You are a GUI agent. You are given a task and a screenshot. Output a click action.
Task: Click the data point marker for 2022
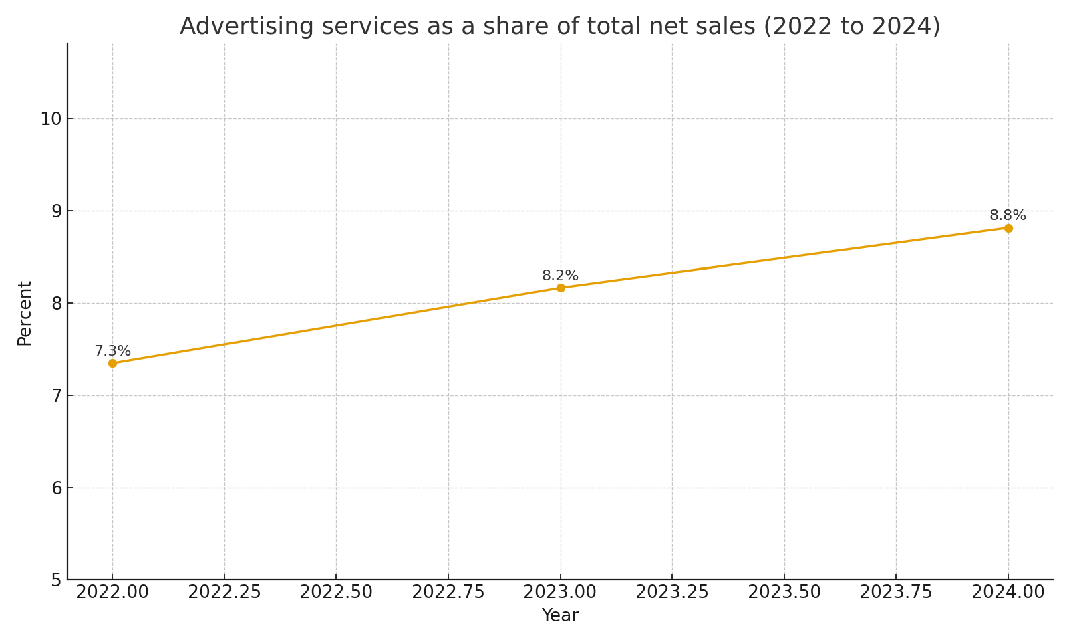point(112,363)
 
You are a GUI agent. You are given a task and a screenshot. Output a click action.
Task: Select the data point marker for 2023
point(561,288)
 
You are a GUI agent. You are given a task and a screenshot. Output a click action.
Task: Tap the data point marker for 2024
point(1008,228)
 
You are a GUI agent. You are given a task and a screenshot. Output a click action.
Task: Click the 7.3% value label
point(112,351)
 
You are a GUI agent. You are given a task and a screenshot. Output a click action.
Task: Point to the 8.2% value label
point(560,276)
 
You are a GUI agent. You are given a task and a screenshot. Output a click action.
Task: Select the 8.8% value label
point(1008,215)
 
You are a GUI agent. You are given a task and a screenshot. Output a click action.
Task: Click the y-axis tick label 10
point(51,119)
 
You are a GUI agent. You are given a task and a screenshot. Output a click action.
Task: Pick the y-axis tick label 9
point(56,211)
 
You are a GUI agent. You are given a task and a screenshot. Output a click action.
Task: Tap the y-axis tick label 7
point(56,396)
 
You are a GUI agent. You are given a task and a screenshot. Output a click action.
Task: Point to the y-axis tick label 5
point(56,580)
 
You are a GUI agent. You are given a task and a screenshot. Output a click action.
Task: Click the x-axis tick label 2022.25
point(224,593)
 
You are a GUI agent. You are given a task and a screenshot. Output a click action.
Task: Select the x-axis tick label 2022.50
point(336,593)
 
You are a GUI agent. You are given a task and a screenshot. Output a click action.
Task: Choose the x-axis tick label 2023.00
point(560,593)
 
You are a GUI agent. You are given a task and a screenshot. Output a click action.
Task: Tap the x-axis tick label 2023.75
point(896,593)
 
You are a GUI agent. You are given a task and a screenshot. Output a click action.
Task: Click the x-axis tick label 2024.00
point(1008,593)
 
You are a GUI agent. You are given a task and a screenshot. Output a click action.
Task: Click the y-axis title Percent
point(25,313)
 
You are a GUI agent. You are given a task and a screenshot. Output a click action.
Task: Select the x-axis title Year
point(560,616)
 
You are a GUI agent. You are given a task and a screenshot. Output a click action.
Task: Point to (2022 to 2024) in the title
point(852,27)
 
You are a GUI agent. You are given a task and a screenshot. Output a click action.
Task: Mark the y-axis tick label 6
point(56,488)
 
